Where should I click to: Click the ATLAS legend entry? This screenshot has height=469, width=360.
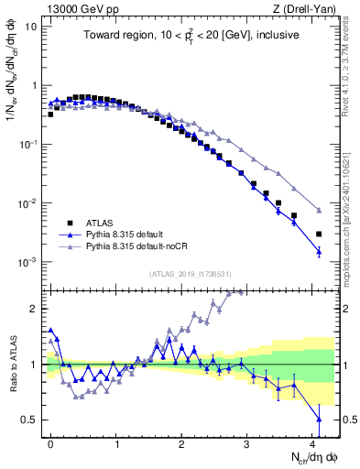[x=100, y=222]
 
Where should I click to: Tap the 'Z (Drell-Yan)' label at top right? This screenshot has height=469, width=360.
[x=305, y=8]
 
